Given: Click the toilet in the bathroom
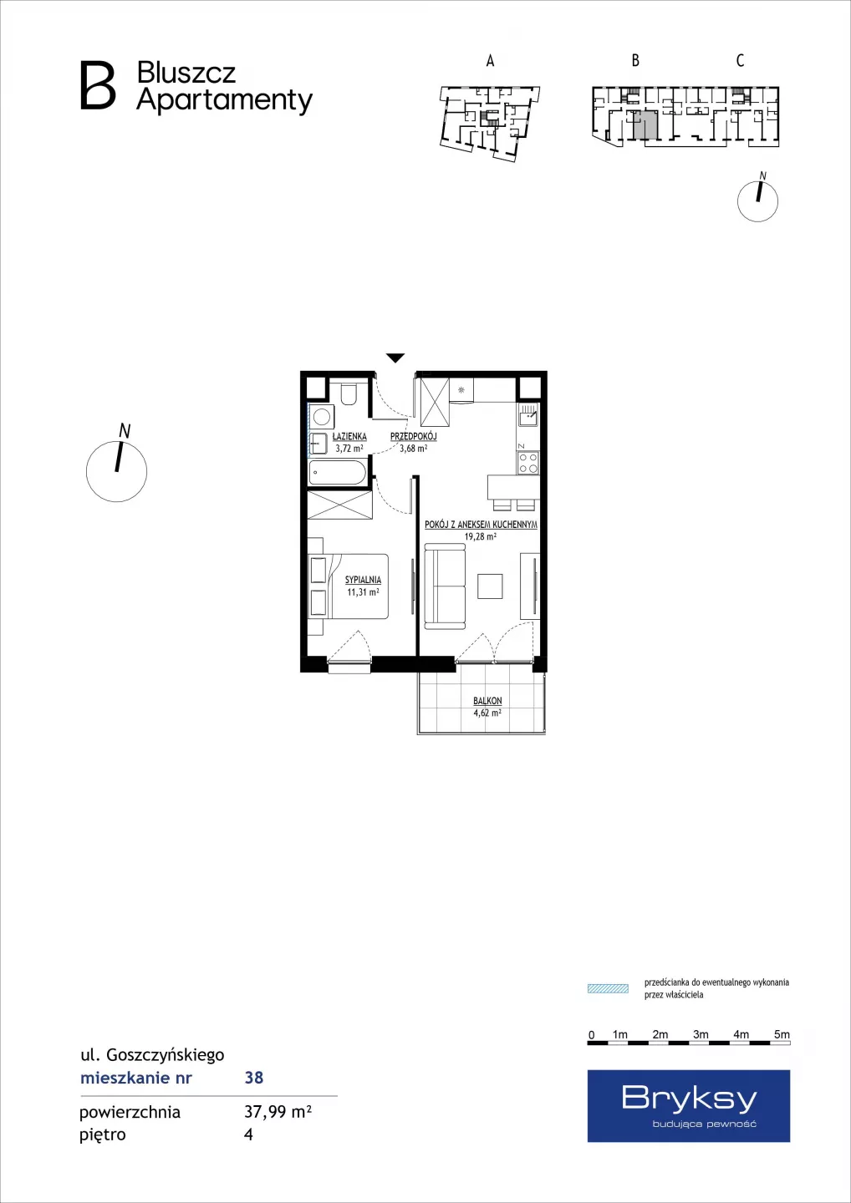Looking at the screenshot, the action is coord(348,393).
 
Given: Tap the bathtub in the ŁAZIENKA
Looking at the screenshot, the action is coord(338,474).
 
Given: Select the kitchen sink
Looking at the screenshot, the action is coord(528,414).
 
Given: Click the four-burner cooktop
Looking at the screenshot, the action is coord(527,463).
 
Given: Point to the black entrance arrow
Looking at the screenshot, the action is coord(395,358).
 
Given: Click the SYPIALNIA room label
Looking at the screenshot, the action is coord(363,580).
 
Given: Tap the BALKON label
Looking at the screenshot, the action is coord(487,701).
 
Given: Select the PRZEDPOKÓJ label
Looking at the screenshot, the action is coord(413,437).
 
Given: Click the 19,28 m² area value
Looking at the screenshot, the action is coord(481,536).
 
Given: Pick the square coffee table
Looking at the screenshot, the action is coord(491,586).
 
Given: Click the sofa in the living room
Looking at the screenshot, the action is coord(445,586).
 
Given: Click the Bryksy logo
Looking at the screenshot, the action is coord(688,1106).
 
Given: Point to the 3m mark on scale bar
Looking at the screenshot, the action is coord(701,1034).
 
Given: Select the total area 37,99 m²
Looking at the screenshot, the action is coord(278,1112).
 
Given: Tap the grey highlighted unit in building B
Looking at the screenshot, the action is coord(645,125).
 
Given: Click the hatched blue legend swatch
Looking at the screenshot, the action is coord(608,989).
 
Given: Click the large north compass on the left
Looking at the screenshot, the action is coord(116,471).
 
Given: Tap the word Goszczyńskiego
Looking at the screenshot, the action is coord(166,1055).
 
